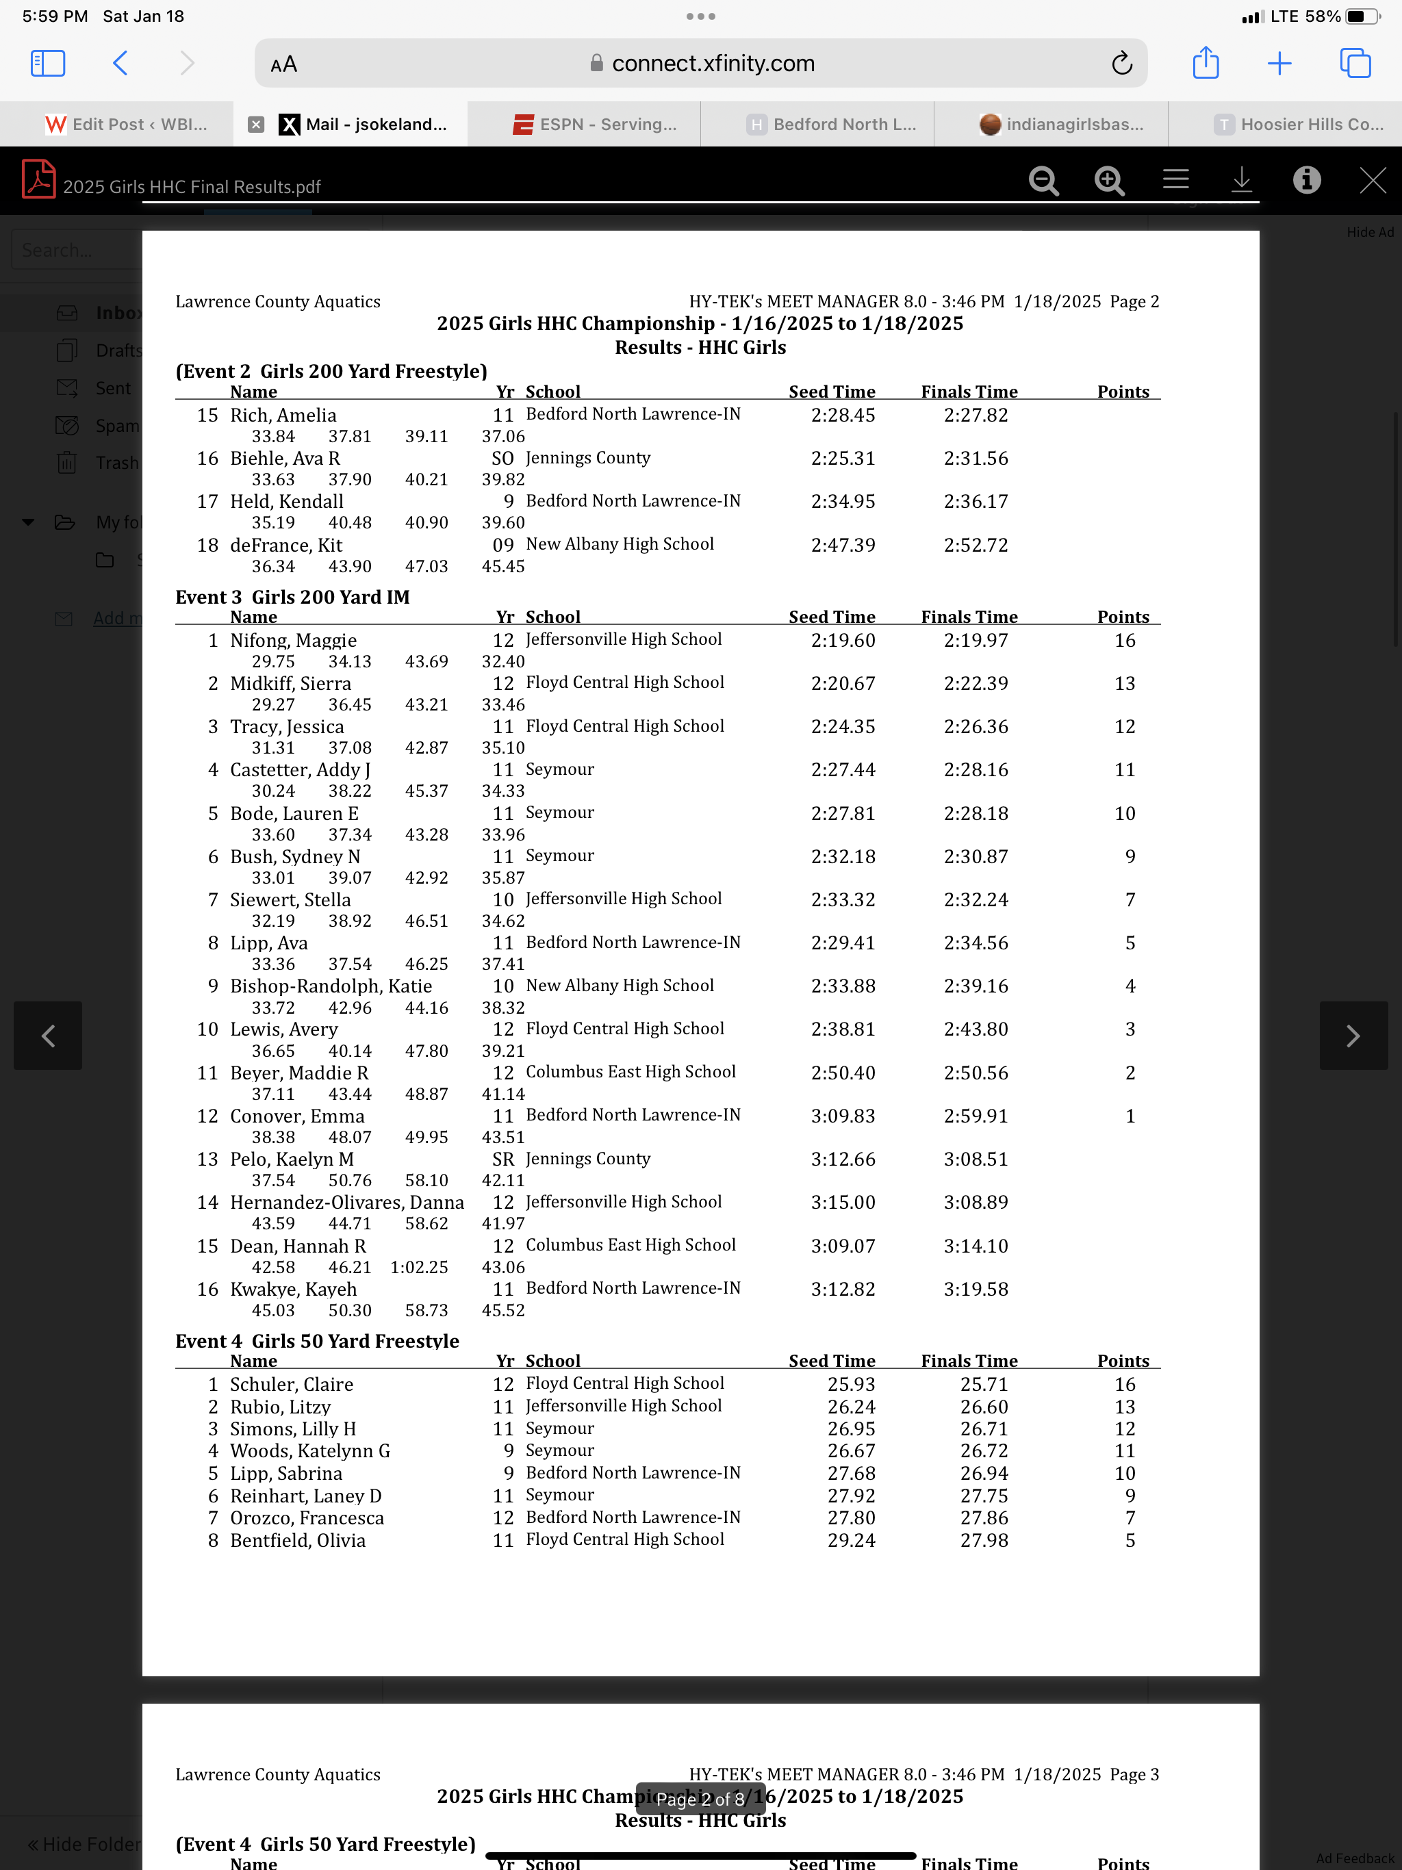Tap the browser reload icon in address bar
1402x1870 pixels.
tap(1121, 64)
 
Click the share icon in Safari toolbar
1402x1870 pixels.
tap(1205, 64)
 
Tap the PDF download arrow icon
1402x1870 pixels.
tap(1241, 180)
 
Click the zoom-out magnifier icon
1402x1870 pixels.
tap(1043, 180)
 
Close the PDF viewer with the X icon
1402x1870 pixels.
tap(1372, 180)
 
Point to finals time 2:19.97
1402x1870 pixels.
tap(976, 641)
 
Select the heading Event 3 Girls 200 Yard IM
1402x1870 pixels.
tap(292, 597)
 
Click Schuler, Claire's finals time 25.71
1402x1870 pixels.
tap(984, 1385)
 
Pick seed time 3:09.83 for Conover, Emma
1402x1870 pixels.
tap(843, 1116)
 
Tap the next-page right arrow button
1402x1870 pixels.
tap(1353, 1036)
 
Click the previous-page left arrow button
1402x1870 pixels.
tap(48, 1036)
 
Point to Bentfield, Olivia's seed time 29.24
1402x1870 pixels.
tap(851, 1540)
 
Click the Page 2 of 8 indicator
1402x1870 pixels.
tap(700, 1799)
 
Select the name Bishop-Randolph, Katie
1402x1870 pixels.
tap(331, 986)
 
